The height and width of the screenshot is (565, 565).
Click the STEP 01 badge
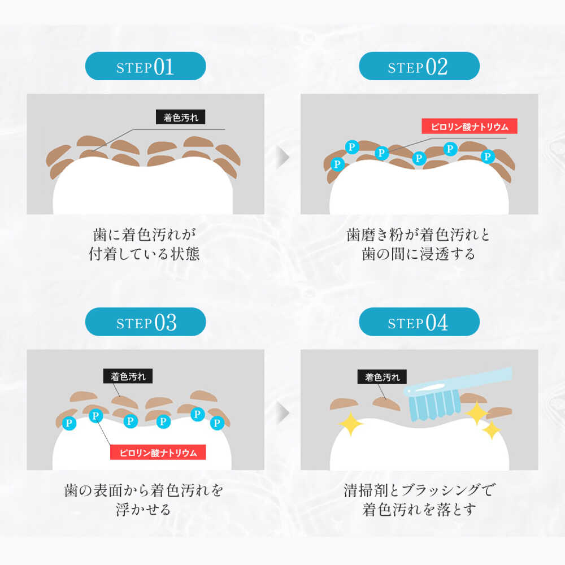click(x=145, y=66)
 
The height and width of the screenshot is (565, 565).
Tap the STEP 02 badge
click(x=419, y=66)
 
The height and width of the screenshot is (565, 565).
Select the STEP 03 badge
click(x=145, y=322)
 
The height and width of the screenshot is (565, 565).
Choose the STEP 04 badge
click(x=419, y=322)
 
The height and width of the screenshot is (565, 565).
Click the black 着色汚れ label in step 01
click(x=181, y=117)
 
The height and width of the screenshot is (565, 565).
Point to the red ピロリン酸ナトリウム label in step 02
click(x=470, y=126)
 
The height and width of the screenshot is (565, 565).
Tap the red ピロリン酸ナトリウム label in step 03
click(x=158, y=452)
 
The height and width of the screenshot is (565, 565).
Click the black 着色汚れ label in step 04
click(x=382, y=377)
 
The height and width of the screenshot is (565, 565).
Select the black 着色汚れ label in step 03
click(x=128, y=376)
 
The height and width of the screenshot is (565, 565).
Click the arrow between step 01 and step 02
click(x=283, y=157)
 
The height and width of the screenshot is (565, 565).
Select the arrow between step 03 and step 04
click(x=283, y=412)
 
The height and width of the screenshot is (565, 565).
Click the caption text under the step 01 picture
click(x=144, y=244)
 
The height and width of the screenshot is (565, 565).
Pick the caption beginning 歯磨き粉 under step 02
click(x=418, y=244)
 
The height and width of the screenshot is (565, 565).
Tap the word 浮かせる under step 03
click(x=144, y=510)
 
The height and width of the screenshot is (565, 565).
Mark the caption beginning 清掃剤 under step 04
click(x=419, y=500)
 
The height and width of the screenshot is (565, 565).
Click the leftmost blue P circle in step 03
click(x=69, y=423)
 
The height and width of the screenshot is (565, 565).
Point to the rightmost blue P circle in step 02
click(x=488, y=157)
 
